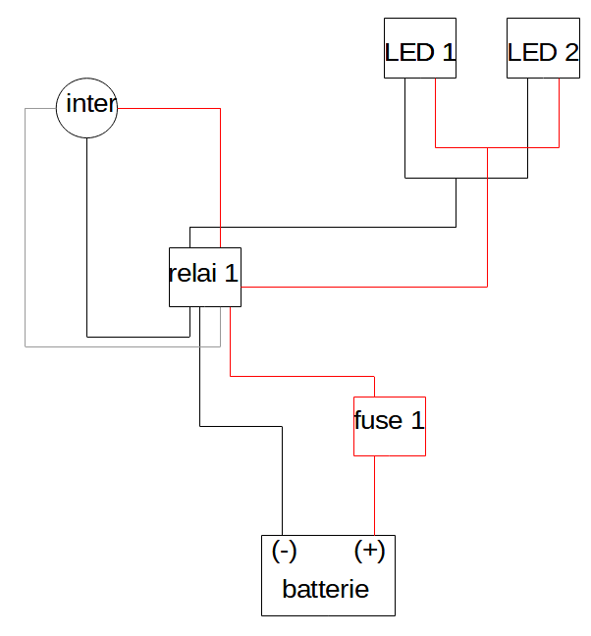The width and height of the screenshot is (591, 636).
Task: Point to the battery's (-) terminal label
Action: pos(285,552)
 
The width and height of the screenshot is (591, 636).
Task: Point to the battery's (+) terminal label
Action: pos(369,552)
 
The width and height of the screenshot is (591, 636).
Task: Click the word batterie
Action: pos(325,590)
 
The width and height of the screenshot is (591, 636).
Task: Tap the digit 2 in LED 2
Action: pos(571,53)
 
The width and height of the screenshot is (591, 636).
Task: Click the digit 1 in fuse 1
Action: pos(417,421)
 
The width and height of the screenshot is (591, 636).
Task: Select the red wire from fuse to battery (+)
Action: pos(374,496)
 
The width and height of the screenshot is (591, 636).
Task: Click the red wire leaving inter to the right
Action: pos(167,109)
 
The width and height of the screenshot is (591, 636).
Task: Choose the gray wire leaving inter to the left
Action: pos(26,226)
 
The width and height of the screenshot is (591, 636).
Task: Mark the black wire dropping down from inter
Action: pos(87,236)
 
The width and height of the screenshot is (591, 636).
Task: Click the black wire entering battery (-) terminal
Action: pos(282,481)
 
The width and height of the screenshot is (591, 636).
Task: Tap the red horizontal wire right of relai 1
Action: pos(363,287)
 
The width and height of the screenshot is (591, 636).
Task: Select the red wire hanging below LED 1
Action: pos(435,113)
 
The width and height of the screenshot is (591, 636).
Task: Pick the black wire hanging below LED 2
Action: pos(527,128)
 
